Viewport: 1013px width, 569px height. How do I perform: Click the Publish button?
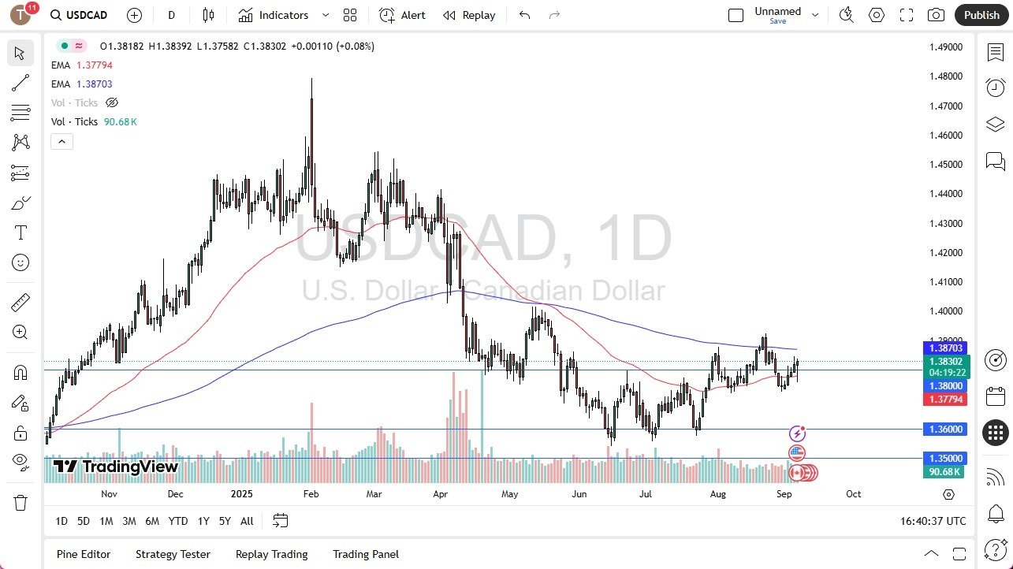pyautogui.click(x=981, y=15)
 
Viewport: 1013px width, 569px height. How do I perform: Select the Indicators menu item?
pyautogui.click(x=283, y=15)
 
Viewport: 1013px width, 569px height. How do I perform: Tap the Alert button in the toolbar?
pyautogui.click(x=402, y=15)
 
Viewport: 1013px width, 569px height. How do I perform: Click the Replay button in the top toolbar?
pyautogui.click(x=469, y=15)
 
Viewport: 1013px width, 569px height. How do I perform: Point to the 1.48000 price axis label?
pyautogui.click(x=945, y=76)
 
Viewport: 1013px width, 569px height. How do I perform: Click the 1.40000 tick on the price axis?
pyautogui.click(x=945, y=311)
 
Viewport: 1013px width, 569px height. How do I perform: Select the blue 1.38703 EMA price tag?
pyautogui.click(x=945, y=348)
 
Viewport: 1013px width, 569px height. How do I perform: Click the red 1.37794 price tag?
pyautogui.click(x=945, y=400)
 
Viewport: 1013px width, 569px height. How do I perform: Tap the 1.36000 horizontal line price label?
pyautogui.click(x=945, y=430)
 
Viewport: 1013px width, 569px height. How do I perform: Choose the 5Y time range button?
pyautogui.click(x=225, y=521)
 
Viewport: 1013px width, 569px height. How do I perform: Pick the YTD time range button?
pyautogui.click(x=178, y=521)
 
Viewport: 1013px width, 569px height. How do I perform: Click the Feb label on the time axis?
pyautogui.click(x=311, y=494)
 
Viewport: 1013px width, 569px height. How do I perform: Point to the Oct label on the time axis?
pyautogui.click(x=853, y=494)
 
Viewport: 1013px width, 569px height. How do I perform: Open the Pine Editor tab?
pyautogui.click(x=84, y=554)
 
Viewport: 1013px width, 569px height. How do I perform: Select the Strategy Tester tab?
pyautogui.click(x=173, y=554)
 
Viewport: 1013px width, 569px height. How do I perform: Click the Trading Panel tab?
pyautogui.click(x=366, y=554)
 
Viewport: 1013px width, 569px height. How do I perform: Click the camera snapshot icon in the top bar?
pyautogui.click(x=936, y=15)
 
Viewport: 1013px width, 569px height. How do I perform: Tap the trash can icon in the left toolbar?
pyautogui.click(x=20, y=503)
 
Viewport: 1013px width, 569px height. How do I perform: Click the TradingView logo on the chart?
pyautogui.click(x=116, y=467)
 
